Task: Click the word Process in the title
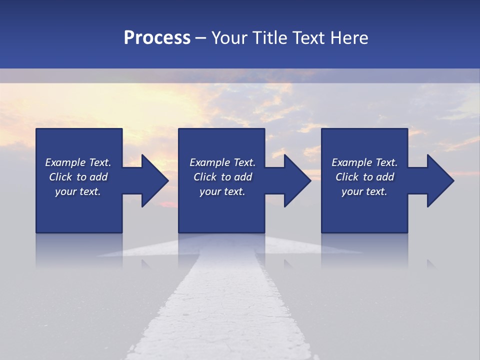point(157,38)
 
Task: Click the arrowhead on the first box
point(152,180)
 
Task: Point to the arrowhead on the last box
point(438,180)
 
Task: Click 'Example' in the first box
point(65,162)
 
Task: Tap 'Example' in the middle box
point(209,162)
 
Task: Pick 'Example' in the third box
point(351,162)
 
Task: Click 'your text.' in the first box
point(78,191)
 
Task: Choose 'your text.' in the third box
point(364,191)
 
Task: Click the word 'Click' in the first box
point(60,177)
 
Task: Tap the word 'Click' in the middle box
point(205,177)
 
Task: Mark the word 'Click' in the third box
point(347,177)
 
